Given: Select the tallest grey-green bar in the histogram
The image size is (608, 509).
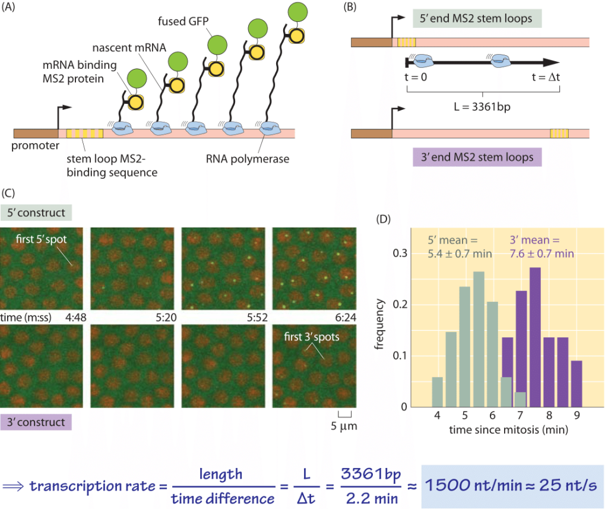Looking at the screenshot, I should coord(479,339).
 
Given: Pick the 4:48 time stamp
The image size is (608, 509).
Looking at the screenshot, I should coord(77,317).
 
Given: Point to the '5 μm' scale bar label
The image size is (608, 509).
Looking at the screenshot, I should coord(345,426).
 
